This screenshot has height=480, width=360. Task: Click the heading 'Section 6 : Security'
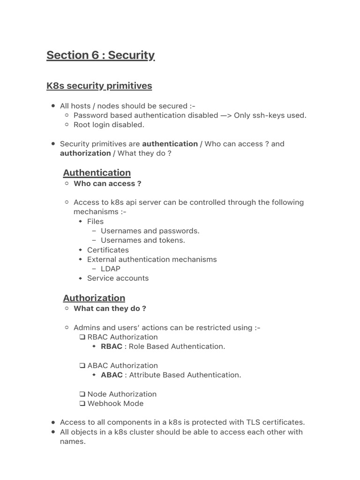(x=100, y=55)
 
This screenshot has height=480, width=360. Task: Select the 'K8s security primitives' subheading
(x=99, y=86)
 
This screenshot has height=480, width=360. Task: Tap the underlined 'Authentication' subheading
(x=97, y=172)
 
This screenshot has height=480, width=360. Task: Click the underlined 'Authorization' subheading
(x=94, y=298)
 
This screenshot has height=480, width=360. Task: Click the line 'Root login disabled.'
(x=109, y=125)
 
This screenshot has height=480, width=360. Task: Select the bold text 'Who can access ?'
(x=107, y=184)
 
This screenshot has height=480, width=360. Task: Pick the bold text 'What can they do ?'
(x=110, y=308)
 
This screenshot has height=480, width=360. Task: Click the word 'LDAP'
(x=111, y=269)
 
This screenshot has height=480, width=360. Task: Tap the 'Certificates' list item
(x=108, y=250)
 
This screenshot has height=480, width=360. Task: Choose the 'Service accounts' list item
(x=118, y=278)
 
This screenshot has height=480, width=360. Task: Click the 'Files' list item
(x=95, y=221)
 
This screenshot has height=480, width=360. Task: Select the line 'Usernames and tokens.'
(x=143, y=240)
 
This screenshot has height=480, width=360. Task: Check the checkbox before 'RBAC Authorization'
(x=82, y=337)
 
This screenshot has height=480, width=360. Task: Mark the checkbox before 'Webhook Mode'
(x=82, y=404)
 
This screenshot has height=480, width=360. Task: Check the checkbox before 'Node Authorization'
(x=82, y=394)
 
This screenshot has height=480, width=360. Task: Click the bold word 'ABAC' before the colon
(x=112, y=375)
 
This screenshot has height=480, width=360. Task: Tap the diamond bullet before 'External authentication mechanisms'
(x=81, y=259)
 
